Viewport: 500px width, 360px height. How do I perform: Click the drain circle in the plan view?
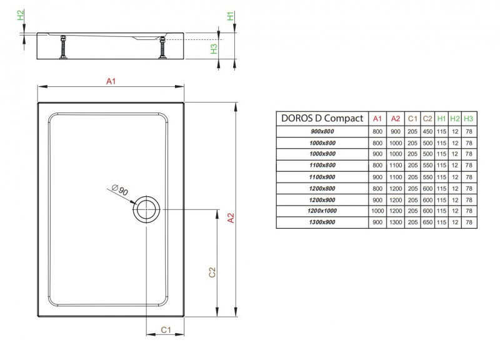pos(147,208)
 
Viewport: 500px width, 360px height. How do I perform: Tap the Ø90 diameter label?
pos(119,190)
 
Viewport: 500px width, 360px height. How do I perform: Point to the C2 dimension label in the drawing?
pos(212,272)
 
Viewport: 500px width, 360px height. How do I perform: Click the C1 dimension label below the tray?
pos(166,329)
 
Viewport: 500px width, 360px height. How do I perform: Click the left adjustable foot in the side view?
pos(62,49)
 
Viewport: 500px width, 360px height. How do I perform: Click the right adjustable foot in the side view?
pos(164,49)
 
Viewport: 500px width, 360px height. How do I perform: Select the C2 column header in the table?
pos(427,119)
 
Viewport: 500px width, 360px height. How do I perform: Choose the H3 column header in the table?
pos(469,119)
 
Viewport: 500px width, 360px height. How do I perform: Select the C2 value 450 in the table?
pos(427,132)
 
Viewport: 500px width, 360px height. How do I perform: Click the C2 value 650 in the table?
pos(427,222)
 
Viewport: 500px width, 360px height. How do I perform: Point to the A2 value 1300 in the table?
pos(395,222)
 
